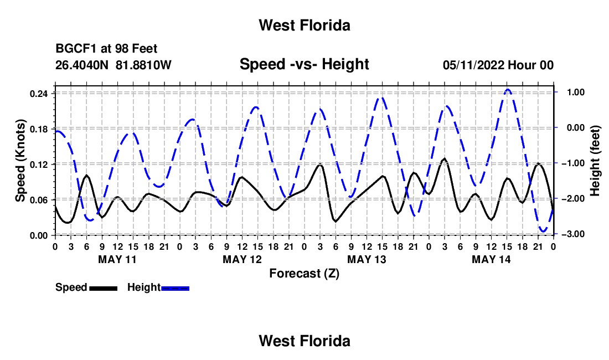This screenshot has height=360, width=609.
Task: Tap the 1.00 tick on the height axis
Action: coord(576,92)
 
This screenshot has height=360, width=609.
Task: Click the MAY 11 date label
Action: coord(117,259)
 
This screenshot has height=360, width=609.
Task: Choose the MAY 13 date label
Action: coord(367,259)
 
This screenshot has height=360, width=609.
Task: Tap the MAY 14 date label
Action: coord(491,259)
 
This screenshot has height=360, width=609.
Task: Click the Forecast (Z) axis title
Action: coord(304,274)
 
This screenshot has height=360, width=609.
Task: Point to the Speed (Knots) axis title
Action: coord(20,161)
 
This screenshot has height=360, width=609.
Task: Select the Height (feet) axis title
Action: coord(595,161)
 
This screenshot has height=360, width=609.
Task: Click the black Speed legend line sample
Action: coord(104,288)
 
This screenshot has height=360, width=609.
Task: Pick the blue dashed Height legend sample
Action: coord(175,288)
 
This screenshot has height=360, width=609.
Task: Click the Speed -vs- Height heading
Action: coord(304,64)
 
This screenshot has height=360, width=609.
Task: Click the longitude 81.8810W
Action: coord(143,65)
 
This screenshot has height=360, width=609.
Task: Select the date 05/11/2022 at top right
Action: coord(473,65)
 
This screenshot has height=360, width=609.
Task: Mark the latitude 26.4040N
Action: coord(82,65)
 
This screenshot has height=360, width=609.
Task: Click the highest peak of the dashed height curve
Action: coord(507,90)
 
